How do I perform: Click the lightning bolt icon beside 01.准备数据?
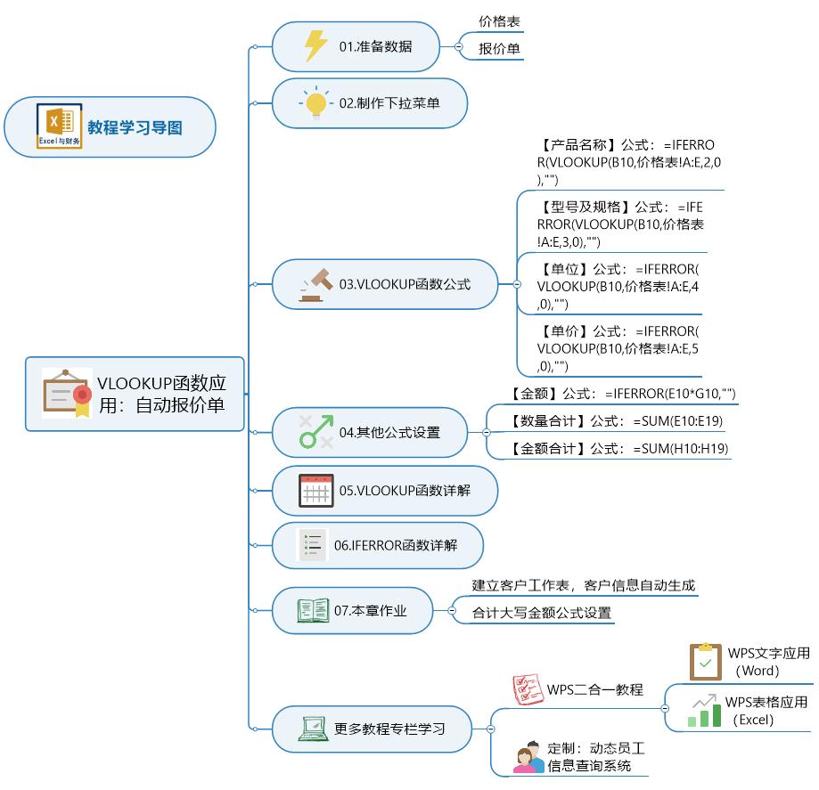(x=315, y=45)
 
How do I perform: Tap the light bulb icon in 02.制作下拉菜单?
(x=315, y=103)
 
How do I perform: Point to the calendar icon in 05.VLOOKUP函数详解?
(x=315, y=491)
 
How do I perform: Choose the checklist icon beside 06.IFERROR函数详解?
(x=313, y=544)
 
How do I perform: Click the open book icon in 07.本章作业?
(x=313, y=610)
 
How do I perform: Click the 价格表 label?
(x=499, y=20)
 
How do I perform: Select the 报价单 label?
(x=499, y=49)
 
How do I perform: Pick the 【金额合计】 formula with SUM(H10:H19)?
(x=619, y=449)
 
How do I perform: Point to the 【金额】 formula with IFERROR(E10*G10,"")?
(x=623, y=394)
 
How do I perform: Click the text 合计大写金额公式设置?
(x=542, y=613)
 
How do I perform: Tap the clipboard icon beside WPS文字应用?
(x=706, y=662)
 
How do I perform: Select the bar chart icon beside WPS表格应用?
(x=704, y=711)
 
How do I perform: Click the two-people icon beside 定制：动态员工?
(x=528, y=756)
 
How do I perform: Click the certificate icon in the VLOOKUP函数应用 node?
(x=67, y=393)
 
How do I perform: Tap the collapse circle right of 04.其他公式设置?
(x=487, y=432)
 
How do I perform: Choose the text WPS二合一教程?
(x=594, y=689)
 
